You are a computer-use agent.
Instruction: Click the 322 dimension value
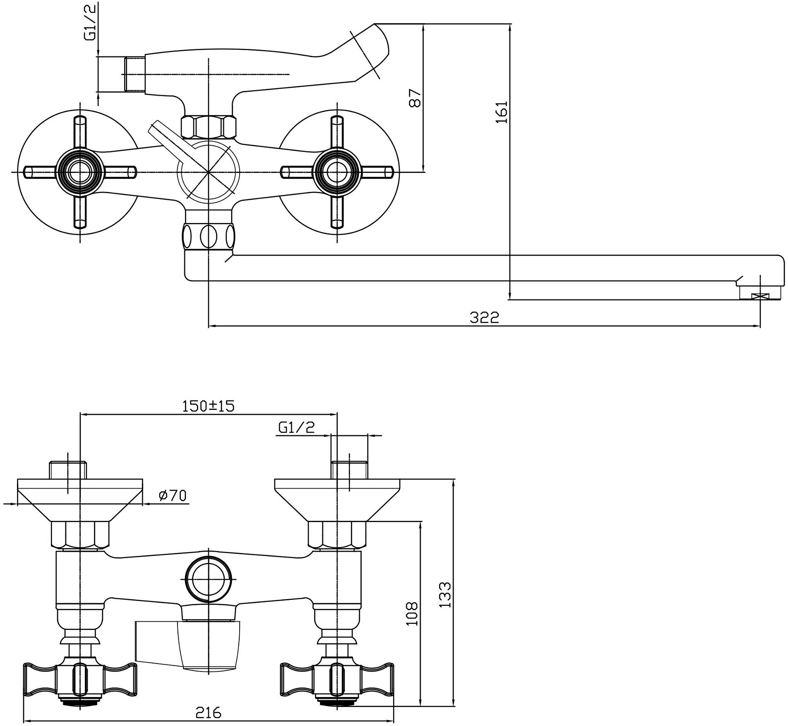click(484, 318)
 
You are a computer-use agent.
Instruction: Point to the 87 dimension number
click(415, 98)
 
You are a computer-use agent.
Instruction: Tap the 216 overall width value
click(209, 712)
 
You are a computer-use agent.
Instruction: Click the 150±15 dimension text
click(208, 406)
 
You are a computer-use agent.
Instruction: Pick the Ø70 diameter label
click(173, 495)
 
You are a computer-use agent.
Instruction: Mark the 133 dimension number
click(445, 595)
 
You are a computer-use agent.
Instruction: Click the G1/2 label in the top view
click(90, 27)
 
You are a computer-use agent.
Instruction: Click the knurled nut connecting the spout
click(208, 236)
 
